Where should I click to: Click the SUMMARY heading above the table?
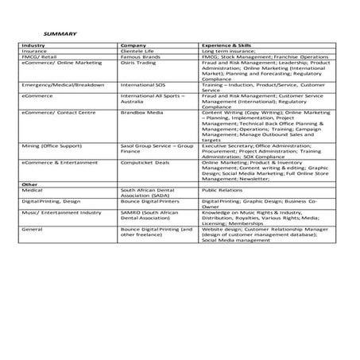[x=59, y=33]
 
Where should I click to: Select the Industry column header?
[x=34, y=46]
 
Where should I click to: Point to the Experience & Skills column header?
[x=230, y=46]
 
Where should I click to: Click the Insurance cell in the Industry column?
[x=35, y=52]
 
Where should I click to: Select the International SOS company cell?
[x=143, y=84]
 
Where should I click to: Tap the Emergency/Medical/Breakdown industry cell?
[x=52, y=84]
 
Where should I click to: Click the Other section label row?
[x=30, y=184]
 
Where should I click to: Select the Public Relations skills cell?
[x=222, y=190]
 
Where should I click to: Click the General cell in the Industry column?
[x=33, y=229]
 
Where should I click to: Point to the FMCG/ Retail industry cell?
[x=39, y=57]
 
